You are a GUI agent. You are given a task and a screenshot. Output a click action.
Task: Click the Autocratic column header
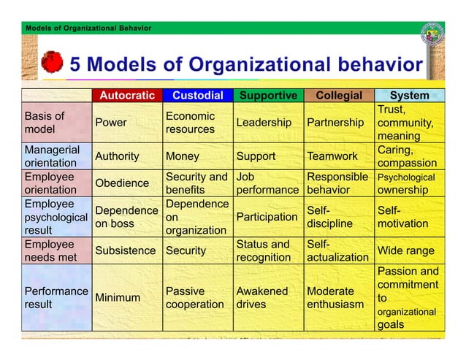click(x=127, y=96)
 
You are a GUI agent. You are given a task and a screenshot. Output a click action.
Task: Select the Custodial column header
click(x=196, y=96)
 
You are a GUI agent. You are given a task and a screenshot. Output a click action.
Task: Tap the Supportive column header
click(x=268, y=96)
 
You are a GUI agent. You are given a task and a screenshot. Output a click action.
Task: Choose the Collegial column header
click(x=338, y=96)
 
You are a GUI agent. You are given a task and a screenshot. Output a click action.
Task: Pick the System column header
click(x=409, y=96)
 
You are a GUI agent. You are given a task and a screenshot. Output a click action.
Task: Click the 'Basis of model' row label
click(x=45, y=123)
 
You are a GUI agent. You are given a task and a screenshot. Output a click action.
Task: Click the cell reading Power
click(x=110, y=123)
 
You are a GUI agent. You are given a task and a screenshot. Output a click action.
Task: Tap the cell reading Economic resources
click(x=190, y=123)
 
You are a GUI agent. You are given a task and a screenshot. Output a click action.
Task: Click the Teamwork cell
click(x=332, y=156)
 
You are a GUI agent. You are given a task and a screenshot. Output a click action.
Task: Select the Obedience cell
click(x=122, y=183)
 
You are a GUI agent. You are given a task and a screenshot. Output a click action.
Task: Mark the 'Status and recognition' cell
click(x=262, y=250)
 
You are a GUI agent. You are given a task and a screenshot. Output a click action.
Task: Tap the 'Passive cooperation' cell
click(x=194, y=297)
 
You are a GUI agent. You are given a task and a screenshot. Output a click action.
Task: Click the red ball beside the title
click(x=53, y=63)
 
